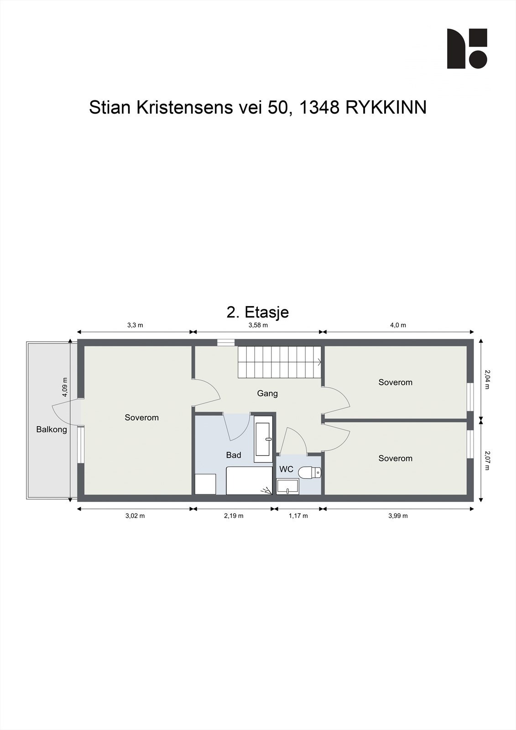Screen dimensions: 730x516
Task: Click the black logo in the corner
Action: pos(467,48)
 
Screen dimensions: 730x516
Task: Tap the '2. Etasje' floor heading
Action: pos(258,312)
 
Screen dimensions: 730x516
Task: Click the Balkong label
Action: pos(52,429)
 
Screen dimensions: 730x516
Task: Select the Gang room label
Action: pos(267,393)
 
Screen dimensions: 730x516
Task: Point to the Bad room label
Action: pos(234,455)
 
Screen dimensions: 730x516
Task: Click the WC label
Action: pos(286,469)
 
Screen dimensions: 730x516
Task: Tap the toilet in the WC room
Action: pos(309,473)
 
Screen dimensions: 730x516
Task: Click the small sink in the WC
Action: pos(287,486)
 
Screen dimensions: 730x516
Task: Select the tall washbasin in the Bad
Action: pos(263,439)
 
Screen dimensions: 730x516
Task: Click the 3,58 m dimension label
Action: pos(258,325)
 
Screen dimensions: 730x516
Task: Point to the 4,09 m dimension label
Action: pos(65,387)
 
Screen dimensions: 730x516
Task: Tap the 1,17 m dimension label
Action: pos(298,516)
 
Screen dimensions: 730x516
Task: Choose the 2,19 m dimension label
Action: pos(234,516)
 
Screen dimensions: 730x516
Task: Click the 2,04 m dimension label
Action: pos(487,380)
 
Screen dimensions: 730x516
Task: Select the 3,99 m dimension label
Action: pos(398,516)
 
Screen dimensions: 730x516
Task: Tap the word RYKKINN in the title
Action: pos(386,108)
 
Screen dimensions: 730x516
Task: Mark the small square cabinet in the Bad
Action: pos(205,484)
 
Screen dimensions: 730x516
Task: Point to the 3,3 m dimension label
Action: pos(135,325)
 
